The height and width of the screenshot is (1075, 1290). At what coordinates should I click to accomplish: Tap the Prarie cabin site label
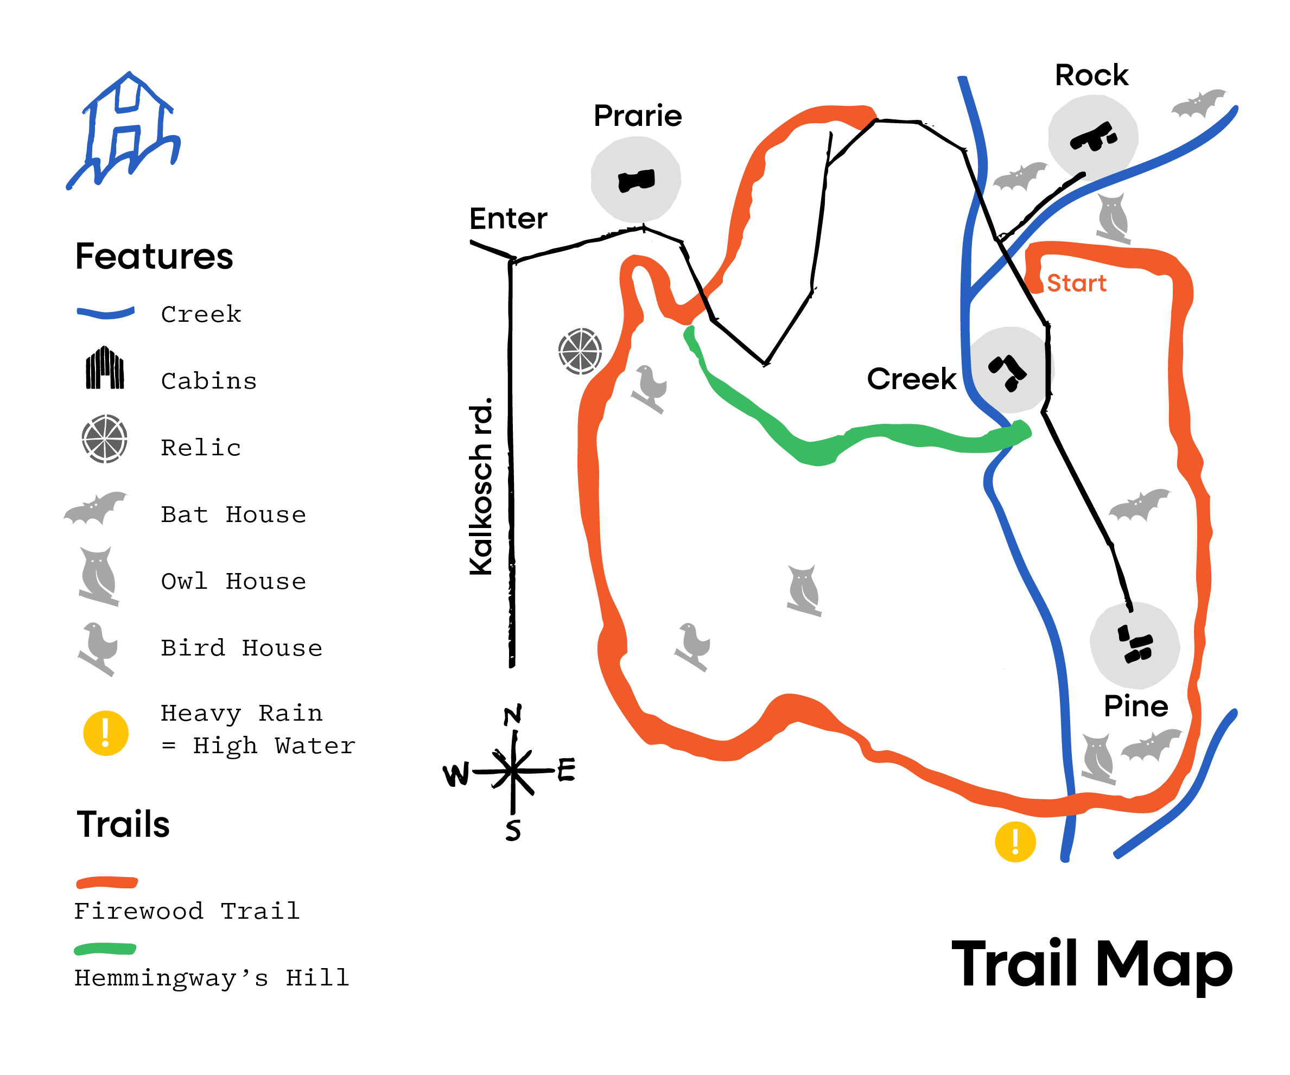pos(638,116)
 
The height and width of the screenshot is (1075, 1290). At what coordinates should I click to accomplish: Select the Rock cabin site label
pos(1091,75)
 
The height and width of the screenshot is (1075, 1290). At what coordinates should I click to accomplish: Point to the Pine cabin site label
pos(1136,707)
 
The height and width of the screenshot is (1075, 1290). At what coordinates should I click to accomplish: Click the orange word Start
pos(1076,283)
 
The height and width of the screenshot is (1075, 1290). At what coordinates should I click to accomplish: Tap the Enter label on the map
pos(508,219)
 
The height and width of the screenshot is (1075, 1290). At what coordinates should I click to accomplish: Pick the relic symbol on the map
pos(580,352)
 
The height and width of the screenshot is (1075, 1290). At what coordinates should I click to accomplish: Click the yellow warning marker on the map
pos(1015,842)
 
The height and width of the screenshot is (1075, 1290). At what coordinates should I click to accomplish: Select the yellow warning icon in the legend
pos(106,733)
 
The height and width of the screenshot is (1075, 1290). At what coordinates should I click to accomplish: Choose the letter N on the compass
pos(513,715)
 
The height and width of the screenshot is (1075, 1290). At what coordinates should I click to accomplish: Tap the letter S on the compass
pos(513,830)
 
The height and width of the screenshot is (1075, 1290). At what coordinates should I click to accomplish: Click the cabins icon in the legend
pos(104,368)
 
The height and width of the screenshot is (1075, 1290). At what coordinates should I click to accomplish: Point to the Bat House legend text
pos(233,515)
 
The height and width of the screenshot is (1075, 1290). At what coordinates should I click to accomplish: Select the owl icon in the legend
pos(98,576)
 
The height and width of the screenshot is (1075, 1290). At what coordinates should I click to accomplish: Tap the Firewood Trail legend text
pos(187,911)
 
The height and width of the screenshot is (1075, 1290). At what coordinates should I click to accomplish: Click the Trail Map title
pos(1091,964)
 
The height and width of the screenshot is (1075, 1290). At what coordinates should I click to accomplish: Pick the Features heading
pos(154,256)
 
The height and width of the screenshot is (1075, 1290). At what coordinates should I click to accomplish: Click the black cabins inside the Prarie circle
pos(637,181)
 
